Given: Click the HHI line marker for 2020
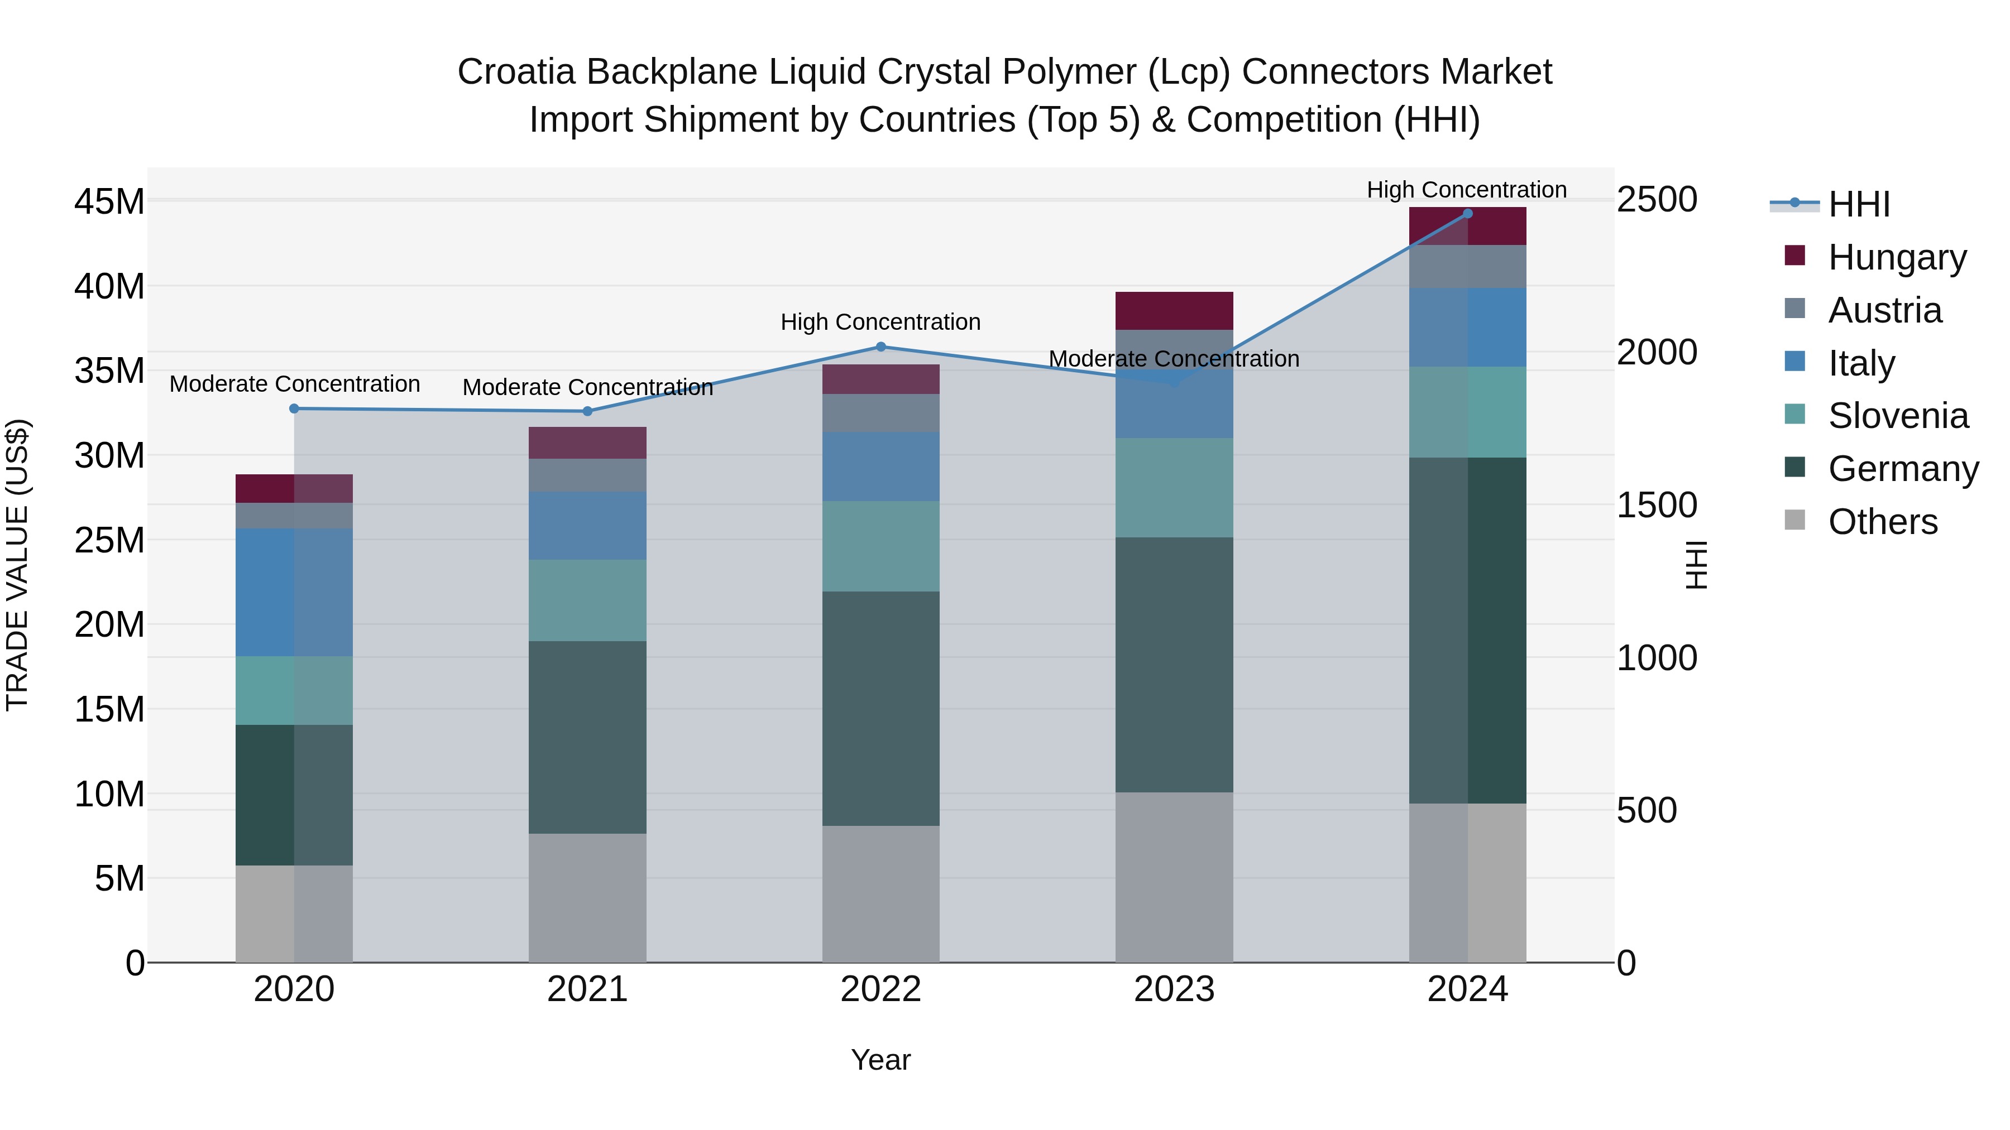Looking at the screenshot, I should tap(294, 408).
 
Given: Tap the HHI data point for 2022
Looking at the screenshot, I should tap(881, 347).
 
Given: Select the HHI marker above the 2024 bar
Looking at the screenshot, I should tap(1468, 214).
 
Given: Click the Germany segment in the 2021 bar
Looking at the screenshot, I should tap(587, 737).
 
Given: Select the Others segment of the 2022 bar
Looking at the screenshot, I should tap(881, 894).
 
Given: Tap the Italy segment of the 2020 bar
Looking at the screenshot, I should tap(294, 592).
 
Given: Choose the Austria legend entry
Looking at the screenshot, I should tap(1884, 310).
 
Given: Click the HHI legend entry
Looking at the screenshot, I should tap(1859, 204).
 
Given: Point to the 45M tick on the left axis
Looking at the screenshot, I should tap(109, 202).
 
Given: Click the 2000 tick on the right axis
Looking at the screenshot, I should tap(1657, 353).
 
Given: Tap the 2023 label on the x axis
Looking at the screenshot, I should tap(1174, 989).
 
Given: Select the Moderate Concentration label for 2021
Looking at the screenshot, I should tap(587, 388).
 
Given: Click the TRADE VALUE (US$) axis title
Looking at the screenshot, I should tap(17, 565).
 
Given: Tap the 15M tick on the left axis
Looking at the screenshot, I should tap(109, 710).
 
